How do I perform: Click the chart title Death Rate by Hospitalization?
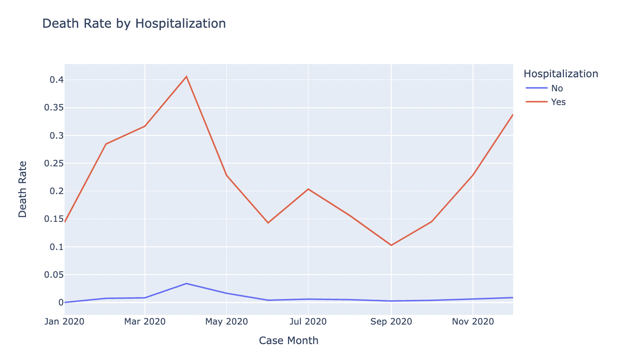click(x=134, y=24)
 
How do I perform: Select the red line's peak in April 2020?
click(x=186, y=76)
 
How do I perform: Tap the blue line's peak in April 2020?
click(x=186, y=284)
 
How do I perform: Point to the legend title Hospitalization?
click(x=560, y=74)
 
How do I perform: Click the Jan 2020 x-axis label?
click(x=65, y=322)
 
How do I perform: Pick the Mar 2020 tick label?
click(x=145, y=322)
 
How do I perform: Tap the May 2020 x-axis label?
click(x=226, y=322)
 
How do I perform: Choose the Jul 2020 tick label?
click(x=308, y=322)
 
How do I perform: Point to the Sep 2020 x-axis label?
click(x=391, y=322)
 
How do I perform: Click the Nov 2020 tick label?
click(x=473, y=322)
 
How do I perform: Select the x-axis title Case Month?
click(x=289, y=340)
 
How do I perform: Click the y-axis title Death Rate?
click(x=23, y=189)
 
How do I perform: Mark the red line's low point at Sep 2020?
click(x=391, y=245)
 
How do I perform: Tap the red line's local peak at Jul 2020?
click(x=308, y=189)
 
